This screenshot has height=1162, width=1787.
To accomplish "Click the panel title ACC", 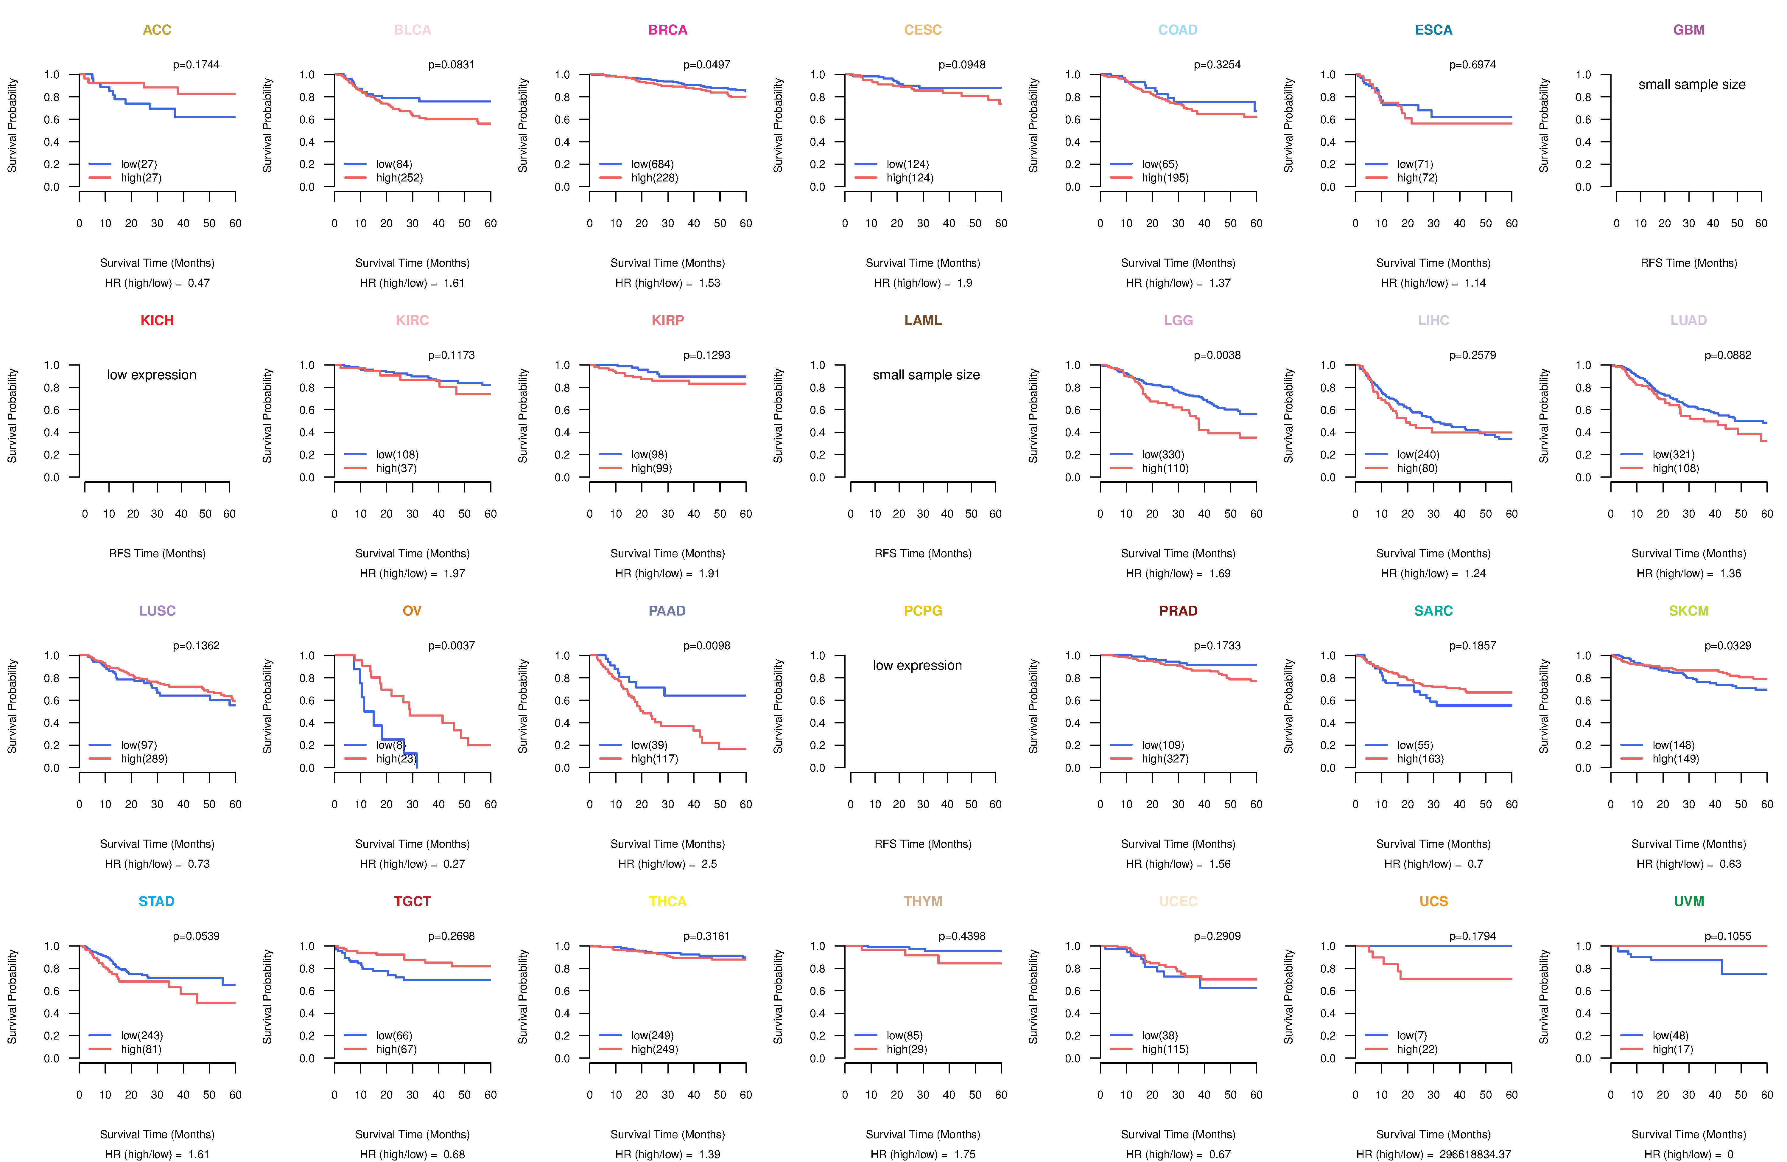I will point(157,30).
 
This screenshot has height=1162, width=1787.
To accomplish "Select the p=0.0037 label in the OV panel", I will point(451,645).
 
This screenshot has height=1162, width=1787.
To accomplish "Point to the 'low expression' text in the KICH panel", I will point(152,375).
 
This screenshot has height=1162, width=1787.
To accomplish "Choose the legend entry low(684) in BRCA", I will point(652,164).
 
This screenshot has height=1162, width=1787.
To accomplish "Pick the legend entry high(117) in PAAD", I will point(654,759).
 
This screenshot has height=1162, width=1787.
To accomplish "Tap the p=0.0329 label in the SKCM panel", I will point(1728,645).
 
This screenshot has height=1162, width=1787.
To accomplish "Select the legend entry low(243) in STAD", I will point(141,1035).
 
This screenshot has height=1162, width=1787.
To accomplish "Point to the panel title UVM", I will point(1689,901).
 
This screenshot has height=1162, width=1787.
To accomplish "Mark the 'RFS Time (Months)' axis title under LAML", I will point(923,554).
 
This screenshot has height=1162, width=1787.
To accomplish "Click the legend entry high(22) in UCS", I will point(1417,1049).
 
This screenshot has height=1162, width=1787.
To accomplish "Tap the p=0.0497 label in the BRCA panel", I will point(706,65).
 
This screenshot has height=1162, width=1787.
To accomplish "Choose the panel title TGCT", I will point(412,901).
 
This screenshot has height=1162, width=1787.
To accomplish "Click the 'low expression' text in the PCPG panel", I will point(917,666).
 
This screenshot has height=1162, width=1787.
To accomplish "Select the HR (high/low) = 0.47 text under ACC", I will point(157,283).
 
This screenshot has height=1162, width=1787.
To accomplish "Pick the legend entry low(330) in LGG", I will point(1162,454).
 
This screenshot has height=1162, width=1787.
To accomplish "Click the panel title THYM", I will point(923,901).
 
